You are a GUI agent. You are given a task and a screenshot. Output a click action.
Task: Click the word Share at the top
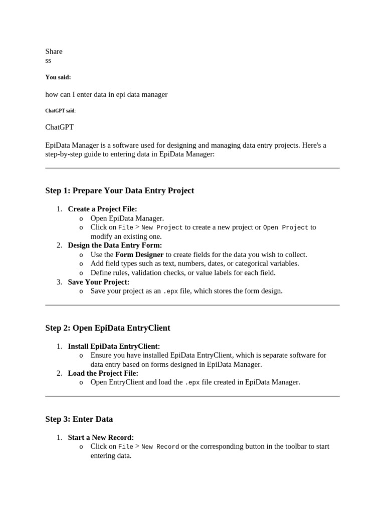[54, 51]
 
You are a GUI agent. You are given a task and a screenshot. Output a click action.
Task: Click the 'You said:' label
[58, 77]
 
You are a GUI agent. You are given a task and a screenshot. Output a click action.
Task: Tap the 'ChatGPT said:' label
[61, 111]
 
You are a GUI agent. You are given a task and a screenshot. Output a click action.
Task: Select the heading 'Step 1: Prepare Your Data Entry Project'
[119, 190]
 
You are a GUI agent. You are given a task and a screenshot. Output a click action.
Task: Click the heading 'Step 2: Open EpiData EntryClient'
[108, 328]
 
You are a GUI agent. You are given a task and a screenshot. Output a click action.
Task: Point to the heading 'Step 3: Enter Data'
[79, 419]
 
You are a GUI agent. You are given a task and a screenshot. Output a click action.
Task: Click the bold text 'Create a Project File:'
[102, 209]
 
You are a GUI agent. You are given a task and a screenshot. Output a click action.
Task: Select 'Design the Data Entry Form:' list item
[115, 245]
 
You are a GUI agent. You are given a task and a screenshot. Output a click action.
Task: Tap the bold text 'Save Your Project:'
[98, 282]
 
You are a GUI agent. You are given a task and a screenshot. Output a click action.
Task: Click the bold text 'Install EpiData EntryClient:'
[114, 346]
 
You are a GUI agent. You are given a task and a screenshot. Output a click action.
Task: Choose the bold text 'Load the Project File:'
[103, 373]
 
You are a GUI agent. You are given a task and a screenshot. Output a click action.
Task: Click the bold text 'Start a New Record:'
[101, 437]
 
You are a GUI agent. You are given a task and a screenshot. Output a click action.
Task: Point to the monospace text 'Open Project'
[285, 227]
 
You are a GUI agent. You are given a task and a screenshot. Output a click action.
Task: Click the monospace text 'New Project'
[162, 227]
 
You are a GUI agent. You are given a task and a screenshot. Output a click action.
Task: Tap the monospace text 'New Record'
[160, 446]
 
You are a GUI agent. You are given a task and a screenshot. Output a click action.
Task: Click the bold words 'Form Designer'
[139, 254]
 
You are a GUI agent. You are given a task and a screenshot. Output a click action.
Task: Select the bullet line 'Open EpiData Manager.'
[127, 218]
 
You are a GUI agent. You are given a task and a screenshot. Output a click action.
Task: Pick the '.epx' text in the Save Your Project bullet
[170, 291]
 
